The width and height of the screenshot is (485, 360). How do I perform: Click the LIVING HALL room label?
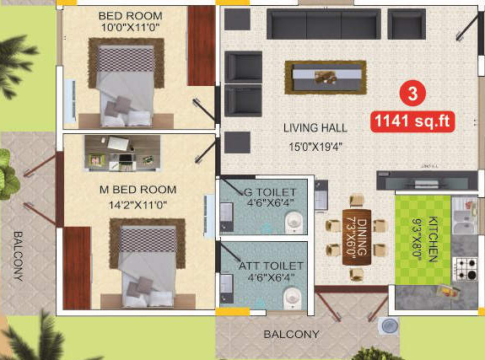[x=309, y=128]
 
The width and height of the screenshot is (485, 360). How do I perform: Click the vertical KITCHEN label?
[x=432, y=241]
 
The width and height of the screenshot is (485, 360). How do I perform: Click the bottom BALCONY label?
[x=291, y=335]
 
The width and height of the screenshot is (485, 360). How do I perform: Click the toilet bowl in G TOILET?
[x=293, y=222]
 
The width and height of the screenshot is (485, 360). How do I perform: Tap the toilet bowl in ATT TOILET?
[x=292, y=298]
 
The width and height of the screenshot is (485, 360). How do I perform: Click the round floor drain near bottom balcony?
[x=390, y=325]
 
